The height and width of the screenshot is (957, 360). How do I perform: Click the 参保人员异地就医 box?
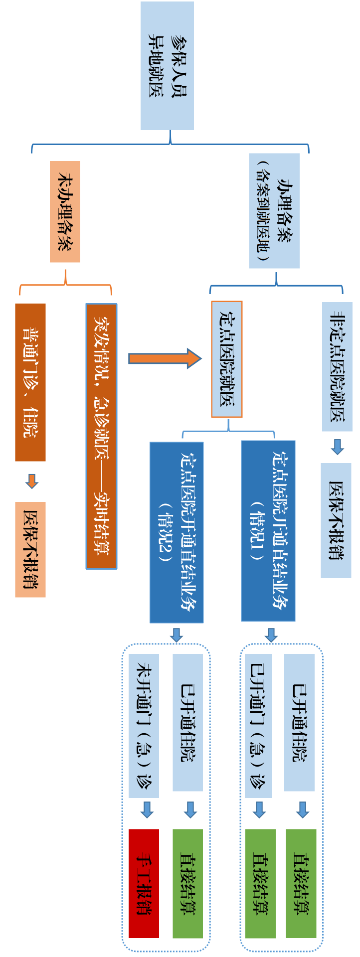point(167,66)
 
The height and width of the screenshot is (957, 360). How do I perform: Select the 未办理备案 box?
point(65,211)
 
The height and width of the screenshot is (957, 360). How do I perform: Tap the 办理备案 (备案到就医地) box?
point(274,211)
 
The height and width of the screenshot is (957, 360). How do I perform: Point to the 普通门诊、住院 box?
point(30,382)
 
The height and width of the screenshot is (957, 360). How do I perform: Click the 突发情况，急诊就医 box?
point(101,436)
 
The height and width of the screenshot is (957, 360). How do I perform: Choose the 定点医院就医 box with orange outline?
point(227,359)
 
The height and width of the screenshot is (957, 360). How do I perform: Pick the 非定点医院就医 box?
point(337,366)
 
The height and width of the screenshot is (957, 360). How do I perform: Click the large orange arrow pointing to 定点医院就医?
point(165,358)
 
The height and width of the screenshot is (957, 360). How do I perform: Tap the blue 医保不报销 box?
point(336,520)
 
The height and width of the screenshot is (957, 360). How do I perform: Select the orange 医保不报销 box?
point(30,549)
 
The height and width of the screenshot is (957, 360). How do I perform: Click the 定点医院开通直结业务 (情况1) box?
point(268,531)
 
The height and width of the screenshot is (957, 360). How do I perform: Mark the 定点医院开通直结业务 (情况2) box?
point(177,532)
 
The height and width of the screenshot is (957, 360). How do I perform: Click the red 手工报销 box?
point(144,883)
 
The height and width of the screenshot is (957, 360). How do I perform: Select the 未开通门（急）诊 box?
point(144,726)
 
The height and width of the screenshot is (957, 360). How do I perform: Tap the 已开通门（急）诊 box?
point(258,726)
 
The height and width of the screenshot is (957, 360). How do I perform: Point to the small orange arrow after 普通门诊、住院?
point(31,481)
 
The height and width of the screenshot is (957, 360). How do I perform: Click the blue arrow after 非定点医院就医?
point(338,447)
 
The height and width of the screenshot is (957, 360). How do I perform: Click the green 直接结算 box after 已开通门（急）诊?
point(260,883)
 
